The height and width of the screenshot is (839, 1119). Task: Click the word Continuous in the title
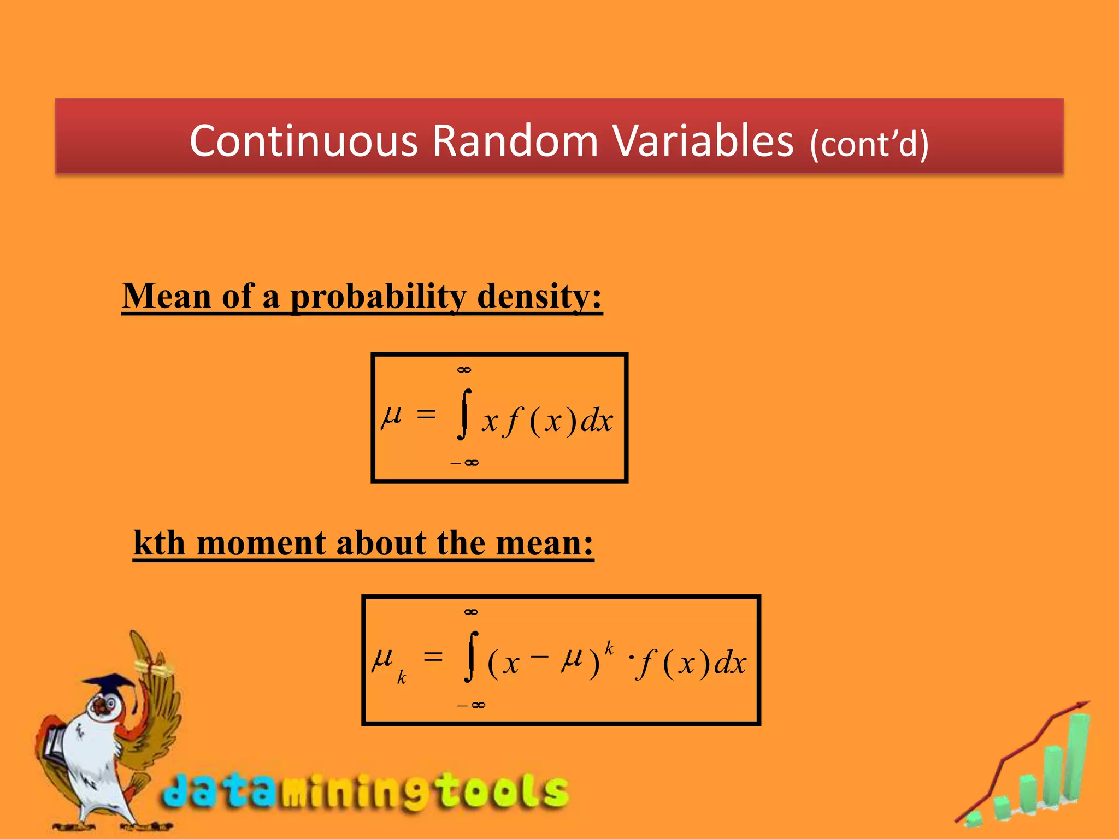point(304,141)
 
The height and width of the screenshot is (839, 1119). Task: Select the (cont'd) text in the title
point(869,144)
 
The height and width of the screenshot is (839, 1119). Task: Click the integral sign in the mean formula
point(464,414)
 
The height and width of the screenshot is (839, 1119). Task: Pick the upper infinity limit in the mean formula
point(464,370)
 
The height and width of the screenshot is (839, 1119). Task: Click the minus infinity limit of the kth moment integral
point(472,705)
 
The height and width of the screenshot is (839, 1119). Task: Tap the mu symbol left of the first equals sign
point(391,417)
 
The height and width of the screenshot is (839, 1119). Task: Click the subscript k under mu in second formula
point(402,678)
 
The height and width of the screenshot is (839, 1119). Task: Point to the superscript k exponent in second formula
point(609,648)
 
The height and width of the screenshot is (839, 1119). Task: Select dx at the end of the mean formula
point(596,421)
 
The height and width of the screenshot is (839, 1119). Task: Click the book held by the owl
point(55,743)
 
